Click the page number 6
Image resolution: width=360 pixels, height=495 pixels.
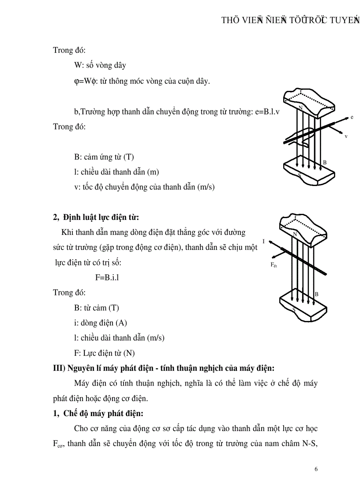tap(316, 469)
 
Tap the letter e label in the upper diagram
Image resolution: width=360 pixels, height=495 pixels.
tap(352, 117)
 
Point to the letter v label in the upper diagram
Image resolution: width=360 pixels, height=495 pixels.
tap(346, 136)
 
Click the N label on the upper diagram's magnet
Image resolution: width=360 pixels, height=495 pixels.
tap(300, 108)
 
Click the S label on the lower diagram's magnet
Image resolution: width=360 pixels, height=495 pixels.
tap(294, 310)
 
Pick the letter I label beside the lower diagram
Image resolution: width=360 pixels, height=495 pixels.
tap(263, 242)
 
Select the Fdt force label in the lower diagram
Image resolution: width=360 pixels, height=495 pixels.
tap(274, 265)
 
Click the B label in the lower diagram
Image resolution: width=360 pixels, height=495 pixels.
tap(316, 294)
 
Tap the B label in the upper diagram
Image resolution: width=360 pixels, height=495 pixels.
tap(325, 163)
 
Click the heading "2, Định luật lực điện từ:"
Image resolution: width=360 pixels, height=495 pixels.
tap(96, 217)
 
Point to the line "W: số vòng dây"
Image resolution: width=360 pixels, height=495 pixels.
tap(100, 65)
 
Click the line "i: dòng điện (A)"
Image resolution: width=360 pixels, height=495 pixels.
tap(101, 323)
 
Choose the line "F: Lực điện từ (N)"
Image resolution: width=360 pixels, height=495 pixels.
tap(104, 353)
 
